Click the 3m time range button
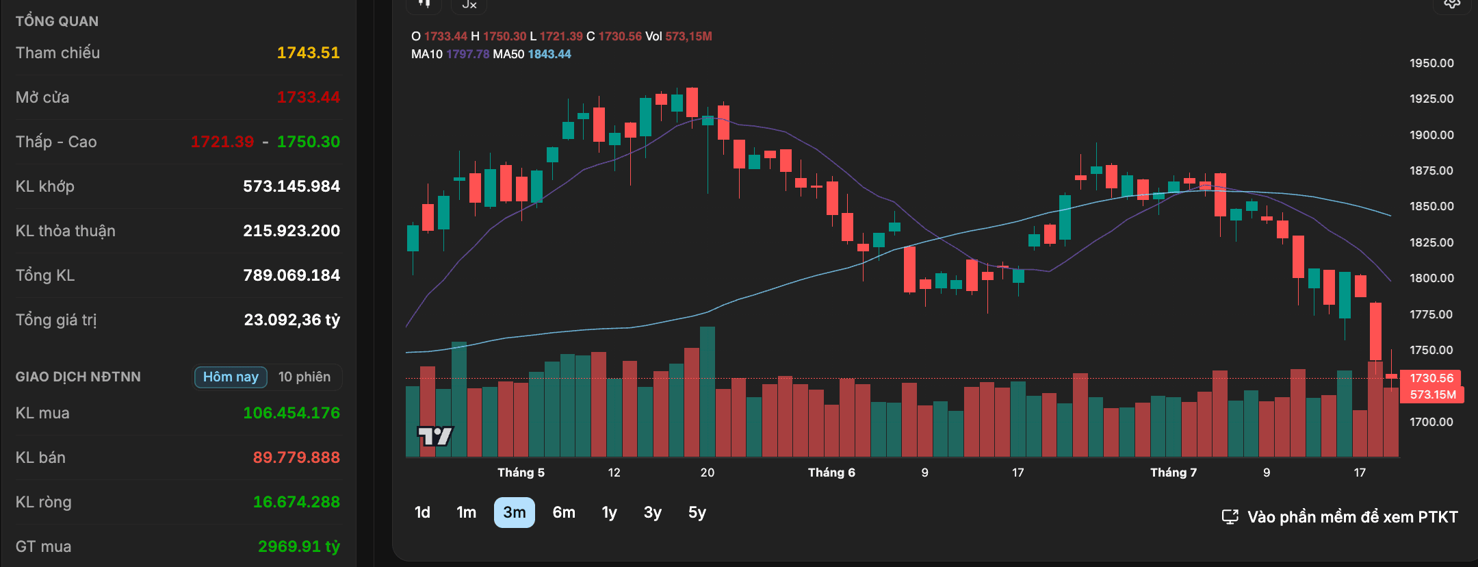click(x=515, y=512)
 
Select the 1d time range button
click(x=422, y=512)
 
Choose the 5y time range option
click(x=697, y=512)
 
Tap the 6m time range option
click(x=564, y=512)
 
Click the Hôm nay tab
click(x=231, y=377)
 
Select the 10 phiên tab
click(x=304, y=377)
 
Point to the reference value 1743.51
click(x=308, y=53)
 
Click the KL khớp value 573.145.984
click(x=291, y=186)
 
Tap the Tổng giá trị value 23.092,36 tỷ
click(x=292, y=320)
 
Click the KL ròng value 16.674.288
click(x=296, y=502)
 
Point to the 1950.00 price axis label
click(x=1431, y=63)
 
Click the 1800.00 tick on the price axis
click(x=1431, y=278)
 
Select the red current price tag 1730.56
click(x=1431, y=378)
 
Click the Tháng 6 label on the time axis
click(x=831, y=473)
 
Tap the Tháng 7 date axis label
click(x=1174, y=473)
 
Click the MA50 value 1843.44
click(x=549, y=54)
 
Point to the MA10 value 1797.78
click(x=468, y=54)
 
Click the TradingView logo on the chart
click(x=435, y=436)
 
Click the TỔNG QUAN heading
click(x=57, y=21)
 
